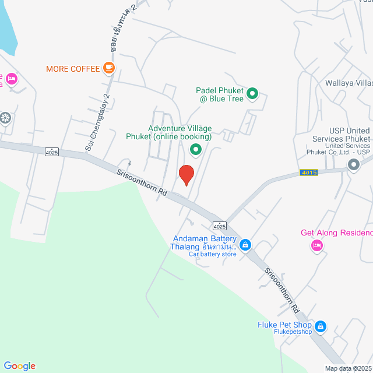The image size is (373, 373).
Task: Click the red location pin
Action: pyautogui.click(x=186, y=175)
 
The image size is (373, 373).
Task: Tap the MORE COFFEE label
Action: pyautogui.click(x=73, y=69)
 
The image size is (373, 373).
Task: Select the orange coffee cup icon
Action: pyautogui.click(x=108, y=68)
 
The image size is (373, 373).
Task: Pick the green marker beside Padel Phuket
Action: pyautogui.click(x=252, y=93)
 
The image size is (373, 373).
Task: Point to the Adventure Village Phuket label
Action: pyautogui.click(x=180, y=133)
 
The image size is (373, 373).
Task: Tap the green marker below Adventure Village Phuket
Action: pyautogui.click(x=196, y=150)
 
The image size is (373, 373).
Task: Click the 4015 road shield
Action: pyautogui.click(x=309, y=173)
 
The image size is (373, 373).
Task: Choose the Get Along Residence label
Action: pyautogui.click(x=336, y=233)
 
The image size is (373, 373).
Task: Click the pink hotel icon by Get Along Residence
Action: pyautogui.click(x=316, y=245)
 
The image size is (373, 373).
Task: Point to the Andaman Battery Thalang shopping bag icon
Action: pyautogui.click(x=245, y=244)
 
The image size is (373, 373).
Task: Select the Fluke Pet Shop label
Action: pyautogui.click(x=284, y=325)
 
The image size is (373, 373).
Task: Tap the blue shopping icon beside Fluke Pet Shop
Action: pyautogui.click(x=320, y=326)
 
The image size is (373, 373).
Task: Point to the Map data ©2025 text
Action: pyautogui.click(x=348, y=368)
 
